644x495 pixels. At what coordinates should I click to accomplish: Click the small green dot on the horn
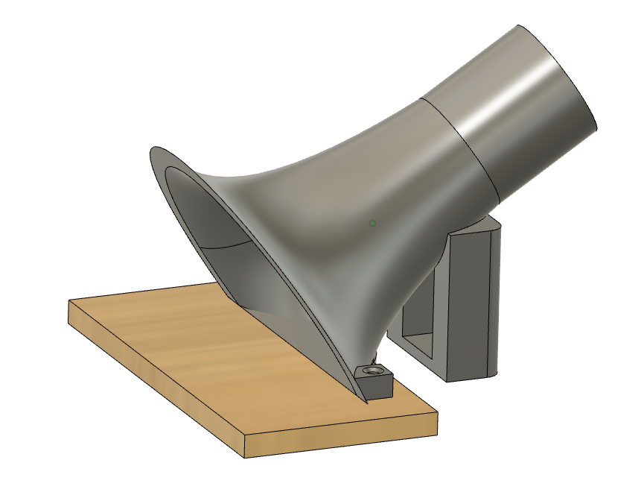[372, 222]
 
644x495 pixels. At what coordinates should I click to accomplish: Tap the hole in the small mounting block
[372, 370]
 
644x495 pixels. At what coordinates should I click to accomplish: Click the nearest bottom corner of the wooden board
[245, 457]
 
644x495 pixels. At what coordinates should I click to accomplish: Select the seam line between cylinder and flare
[462, 142]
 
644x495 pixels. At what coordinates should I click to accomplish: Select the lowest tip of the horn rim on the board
[367, 402]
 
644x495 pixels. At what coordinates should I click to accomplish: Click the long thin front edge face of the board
[149, 373]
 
